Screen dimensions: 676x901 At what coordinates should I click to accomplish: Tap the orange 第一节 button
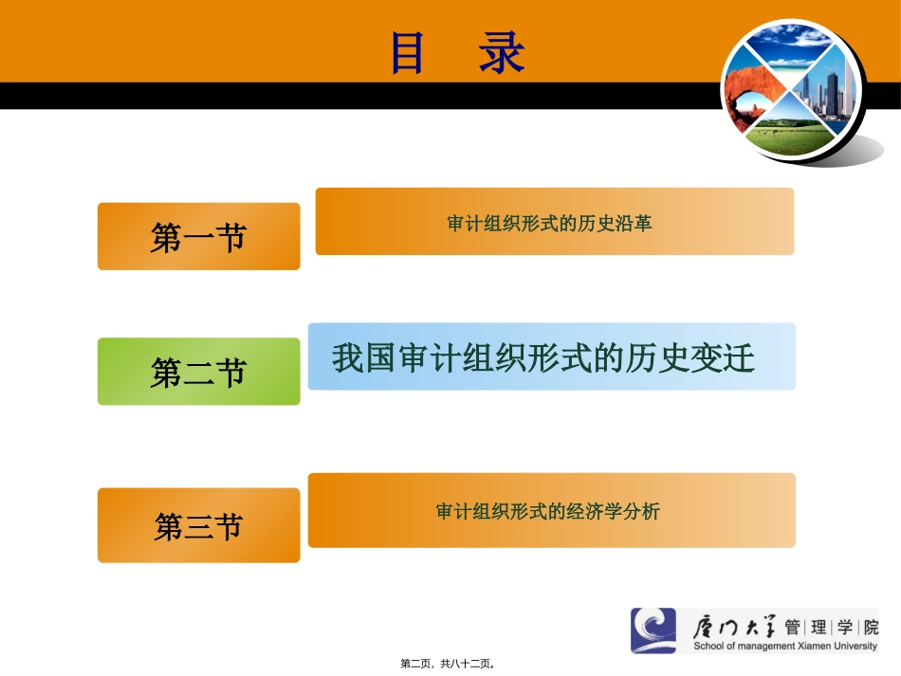tap(198, 237)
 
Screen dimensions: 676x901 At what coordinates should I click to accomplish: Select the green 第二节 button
tap(198, 372)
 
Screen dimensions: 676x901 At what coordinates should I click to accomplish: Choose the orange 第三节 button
tap(198, 525)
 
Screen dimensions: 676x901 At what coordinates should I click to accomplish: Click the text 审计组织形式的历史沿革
tap(549, 224)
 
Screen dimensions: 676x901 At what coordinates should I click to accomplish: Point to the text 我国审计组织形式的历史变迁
tap(543, 358)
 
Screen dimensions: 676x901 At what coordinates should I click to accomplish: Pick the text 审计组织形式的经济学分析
tap(547, 511)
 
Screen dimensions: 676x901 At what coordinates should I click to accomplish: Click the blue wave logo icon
tap(653, 630)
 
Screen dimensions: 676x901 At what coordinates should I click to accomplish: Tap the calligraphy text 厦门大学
tap(735, 627)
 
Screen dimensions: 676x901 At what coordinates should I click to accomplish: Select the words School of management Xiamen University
tap(786, 647)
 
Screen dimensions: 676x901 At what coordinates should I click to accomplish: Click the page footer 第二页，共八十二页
tap(449, 665)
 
